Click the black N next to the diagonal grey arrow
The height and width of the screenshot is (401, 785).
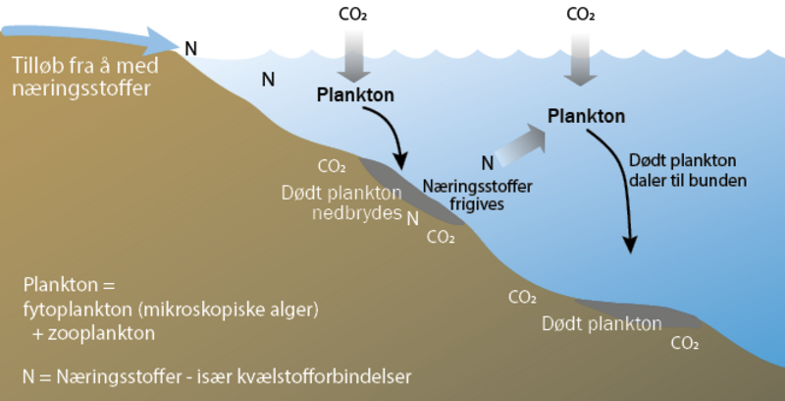[x=487, y=162]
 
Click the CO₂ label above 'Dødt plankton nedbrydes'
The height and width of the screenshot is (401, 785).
[x=332, y=166]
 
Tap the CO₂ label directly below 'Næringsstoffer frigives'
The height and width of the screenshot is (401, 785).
[x=440, y=237]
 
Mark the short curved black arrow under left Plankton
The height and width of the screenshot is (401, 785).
[x=392, y=138]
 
